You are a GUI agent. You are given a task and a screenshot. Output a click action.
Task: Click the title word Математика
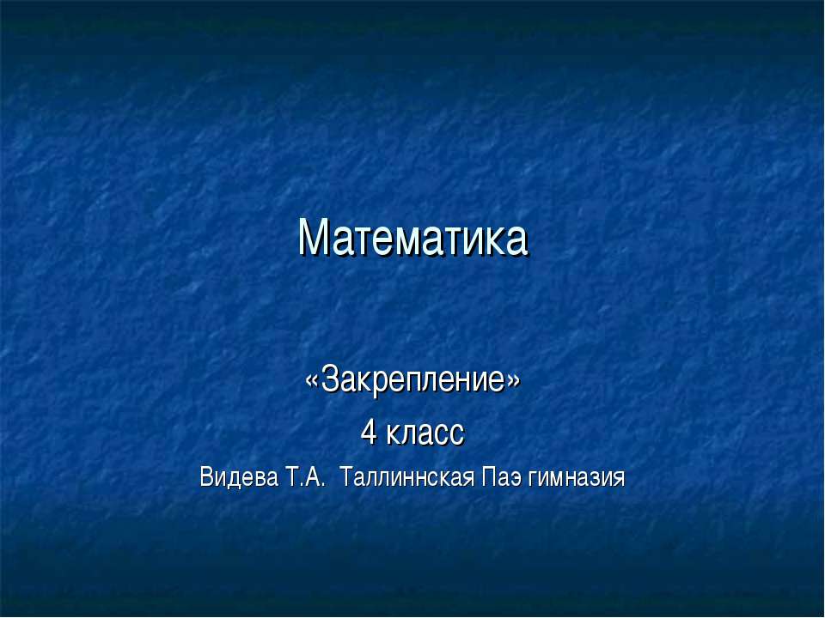pos(412,239)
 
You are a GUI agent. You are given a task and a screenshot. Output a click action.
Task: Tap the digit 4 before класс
pos(369,431)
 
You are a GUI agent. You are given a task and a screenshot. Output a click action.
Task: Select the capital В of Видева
pos(205,476)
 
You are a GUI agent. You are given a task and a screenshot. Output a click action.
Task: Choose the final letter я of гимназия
pos(619,477)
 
